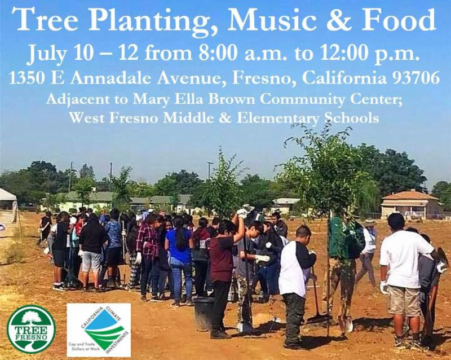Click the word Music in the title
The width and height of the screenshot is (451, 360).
pos(272,21)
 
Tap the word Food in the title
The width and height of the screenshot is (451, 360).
pos(399,20)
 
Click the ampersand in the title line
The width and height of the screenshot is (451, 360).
pos(339,21)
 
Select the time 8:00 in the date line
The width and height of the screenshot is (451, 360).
pos(218,54)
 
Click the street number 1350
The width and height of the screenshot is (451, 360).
pos(27,78)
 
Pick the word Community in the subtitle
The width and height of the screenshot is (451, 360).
pos(302,99)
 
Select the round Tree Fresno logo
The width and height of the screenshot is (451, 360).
pos(32,329)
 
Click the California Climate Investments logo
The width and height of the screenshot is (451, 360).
pos(99,330)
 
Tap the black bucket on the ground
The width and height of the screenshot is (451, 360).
pos(204,313)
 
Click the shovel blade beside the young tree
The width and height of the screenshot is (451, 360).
pos(348,323)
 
